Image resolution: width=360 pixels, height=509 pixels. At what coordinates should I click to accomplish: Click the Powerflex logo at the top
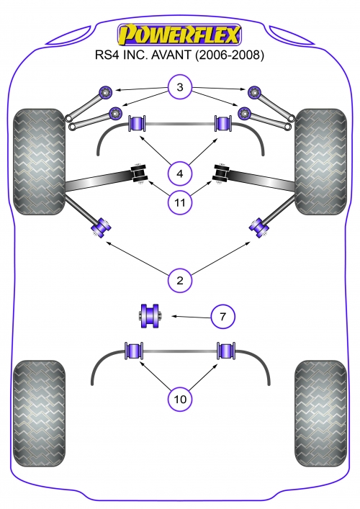point(179,35)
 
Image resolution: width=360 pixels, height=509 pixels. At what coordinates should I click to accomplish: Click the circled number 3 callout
point(180,87)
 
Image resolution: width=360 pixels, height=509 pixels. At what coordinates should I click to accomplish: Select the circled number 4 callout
point(180,174)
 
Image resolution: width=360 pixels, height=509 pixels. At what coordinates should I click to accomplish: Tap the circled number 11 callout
point(180,203)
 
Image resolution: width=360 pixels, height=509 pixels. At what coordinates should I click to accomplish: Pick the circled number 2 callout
point(180,280)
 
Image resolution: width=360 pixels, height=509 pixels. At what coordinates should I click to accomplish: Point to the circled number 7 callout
point(222,316)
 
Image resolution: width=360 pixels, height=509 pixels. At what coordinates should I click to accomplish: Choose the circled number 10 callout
point(180,399)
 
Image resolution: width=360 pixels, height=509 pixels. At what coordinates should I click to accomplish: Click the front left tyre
point(40,162)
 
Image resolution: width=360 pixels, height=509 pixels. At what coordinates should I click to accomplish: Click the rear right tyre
point(320,413)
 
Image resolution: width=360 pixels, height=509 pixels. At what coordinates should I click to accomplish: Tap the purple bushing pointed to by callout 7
point(149,316)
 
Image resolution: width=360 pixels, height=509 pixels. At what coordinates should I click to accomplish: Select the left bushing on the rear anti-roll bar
point(134,351)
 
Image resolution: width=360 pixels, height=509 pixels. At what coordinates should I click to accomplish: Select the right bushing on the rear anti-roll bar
point(226,351)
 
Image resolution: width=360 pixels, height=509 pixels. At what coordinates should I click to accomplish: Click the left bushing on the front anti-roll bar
point(138,123)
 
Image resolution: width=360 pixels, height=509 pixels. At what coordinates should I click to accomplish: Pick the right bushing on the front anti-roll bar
point(223,123)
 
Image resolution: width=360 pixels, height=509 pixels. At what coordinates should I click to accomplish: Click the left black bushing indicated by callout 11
point(139,174)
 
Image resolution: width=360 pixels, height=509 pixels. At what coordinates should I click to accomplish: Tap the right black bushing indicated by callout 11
point(221,174)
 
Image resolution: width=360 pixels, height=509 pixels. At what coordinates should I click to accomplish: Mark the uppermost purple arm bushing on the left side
point(105,92)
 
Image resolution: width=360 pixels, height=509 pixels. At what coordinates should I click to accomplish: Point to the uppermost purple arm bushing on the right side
point(254,92)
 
